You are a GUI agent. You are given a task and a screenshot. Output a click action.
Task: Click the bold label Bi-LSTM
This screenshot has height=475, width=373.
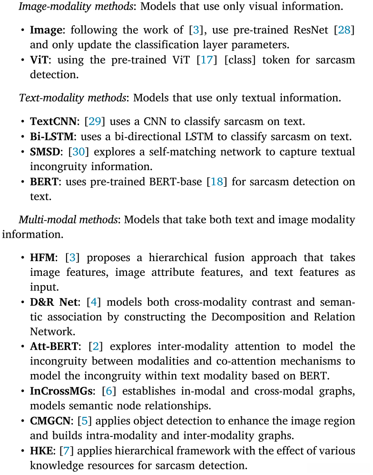52,137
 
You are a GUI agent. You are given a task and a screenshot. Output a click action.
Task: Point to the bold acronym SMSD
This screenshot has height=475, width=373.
45,152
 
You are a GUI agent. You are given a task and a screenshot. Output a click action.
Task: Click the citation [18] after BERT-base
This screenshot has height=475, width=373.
216,182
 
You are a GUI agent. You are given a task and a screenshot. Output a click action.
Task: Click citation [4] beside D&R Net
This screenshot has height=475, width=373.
96,303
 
